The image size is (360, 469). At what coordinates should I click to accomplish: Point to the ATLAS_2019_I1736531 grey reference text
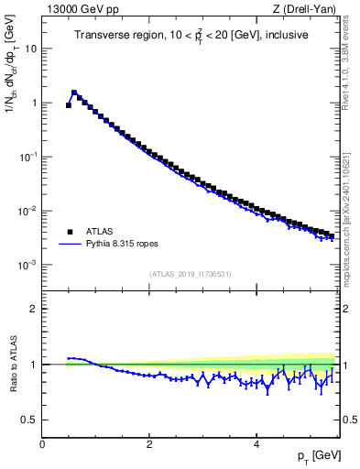190,274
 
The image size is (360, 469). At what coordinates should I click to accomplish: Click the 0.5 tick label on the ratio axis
29,420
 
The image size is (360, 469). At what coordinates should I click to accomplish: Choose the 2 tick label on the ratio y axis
34,309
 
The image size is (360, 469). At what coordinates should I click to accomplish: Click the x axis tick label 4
256,444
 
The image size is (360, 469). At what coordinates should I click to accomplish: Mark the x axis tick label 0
42,444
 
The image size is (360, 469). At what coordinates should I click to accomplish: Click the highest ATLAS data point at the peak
74,93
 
